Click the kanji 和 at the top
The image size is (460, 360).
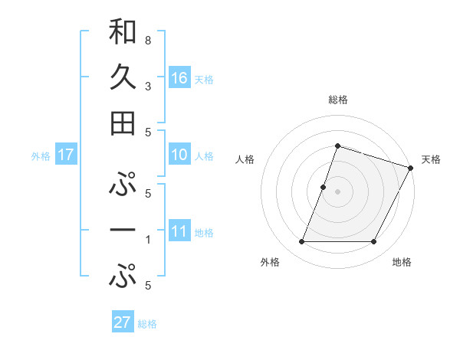pyautogui.click(x=123, y=31)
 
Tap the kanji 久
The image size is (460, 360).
pyautogui.click(x=123, y=77)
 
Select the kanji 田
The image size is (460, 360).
pyautogui.click(x=123, y=123)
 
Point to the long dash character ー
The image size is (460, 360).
pyautogui.click(x=123, y=230)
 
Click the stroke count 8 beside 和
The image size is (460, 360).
pyautogui.click(x=147, y=40)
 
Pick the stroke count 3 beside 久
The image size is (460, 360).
pyautogui.click(x=147, y=86)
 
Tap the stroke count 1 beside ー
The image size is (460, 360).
pyautogui.click(x=147, y=240)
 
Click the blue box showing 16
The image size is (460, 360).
pyautogui.click(x=179, y=78)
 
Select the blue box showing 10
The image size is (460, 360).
pyautogui.click(x=179, y=155)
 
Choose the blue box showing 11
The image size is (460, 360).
pyautogui.click(x=179, y=231)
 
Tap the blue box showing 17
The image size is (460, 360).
pyautogui.click(x=65, y=155)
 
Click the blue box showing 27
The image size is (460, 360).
pyautogui.click(x=122, y=322)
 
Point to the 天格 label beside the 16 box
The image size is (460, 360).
pyautogui.click(x=203, y=79)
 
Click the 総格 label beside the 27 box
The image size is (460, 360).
pyautogui.click(x=147, y=323)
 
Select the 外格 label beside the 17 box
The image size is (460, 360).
pyautogui.click(x=41, y=155)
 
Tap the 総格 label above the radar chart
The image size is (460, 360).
pyautogui.click(x=337, y=100)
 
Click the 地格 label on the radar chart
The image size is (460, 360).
pyautogui.click(x=402, y=262)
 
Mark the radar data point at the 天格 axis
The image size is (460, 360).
pyautogui.click(x=411, y=168)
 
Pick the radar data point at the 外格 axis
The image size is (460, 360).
pyautogui.click(x=301, y=242)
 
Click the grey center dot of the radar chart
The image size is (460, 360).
pyautogui.click(x=337, y=191)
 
